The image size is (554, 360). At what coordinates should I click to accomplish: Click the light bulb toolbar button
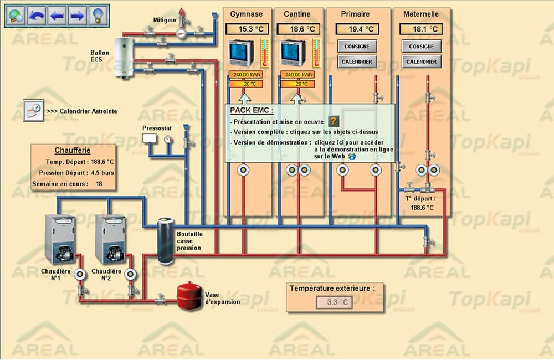[x=98, y=16]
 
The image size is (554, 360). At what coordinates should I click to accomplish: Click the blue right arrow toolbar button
[x=78, y=16]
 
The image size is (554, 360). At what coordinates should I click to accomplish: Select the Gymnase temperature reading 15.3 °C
[x=247, y=29]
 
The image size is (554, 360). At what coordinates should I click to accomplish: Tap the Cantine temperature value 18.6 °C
[x=299, y=29]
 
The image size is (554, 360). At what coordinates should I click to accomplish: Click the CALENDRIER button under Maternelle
[x=421, y=61]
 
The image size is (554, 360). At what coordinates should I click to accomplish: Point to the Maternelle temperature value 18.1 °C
[x=421, y=29]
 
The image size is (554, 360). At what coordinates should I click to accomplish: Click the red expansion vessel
[x=189, y=296]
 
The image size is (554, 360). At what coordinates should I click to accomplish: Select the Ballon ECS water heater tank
[x=124, y=57]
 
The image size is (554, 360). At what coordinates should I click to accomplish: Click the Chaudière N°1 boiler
[x=60, y=239]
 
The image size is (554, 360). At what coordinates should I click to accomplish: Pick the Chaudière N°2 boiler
[x=111, y=239]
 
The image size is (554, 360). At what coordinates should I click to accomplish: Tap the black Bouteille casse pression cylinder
[x=165, y=241]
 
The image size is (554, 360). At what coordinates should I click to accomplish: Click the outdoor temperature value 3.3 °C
[x=334, y=302]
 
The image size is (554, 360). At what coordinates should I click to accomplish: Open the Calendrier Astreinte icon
[x=34, y=111]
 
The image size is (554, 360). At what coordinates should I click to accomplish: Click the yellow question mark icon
[x=334, y=121]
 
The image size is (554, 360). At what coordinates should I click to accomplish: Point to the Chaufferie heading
[x=73, y=150]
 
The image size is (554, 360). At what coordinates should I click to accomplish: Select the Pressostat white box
[x=150, y=138]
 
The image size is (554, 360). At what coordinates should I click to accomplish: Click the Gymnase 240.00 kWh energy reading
[x=246, y=75]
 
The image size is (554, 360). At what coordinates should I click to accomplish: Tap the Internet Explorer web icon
[x=352, y=156]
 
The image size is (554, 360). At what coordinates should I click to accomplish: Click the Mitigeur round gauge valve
[x=181, y=33]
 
